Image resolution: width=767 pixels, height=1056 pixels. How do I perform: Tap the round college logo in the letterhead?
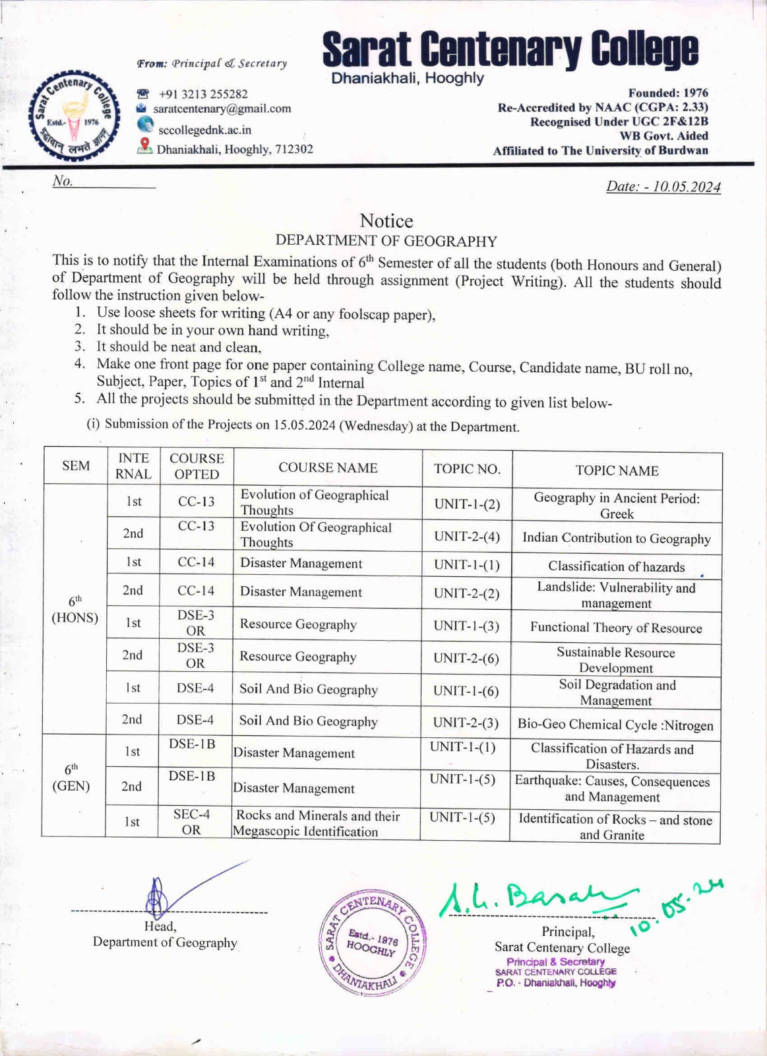click(x=73, y=117)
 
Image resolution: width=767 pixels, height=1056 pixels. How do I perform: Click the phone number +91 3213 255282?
click(x=203, y=94)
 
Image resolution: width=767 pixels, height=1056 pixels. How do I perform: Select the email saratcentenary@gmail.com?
click(x=222, y=108)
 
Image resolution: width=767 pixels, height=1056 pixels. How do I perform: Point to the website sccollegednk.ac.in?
click(x=204, y=129)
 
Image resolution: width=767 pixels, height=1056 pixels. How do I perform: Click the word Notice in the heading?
click(x=386, y=220)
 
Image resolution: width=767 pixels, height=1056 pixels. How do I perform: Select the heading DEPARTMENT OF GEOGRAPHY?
click(x=386, y=241)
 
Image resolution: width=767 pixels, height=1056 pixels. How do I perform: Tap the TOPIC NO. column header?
click(x=467, y=469)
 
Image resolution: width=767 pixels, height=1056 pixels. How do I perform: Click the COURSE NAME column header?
click(x=328, y=468)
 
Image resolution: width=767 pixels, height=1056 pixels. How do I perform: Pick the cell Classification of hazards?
click(x=616, y=566)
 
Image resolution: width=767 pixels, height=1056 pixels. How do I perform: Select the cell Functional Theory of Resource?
click(x=616, y=628)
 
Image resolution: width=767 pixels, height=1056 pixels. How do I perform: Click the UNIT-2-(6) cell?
click(x=466, y=658)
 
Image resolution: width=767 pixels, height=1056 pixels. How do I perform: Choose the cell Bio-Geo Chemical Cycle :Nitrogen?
click(x=615, y=724)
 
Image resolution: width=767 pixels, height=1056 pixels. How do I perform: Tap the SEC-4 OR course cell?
click(x=191, y=822)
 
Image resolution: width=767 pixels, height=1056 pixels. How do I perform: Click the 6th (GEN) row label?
click(x=71, y=777)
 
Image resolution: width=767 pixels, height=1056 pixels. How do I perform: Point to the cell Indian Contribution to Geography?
click(x=617, y=539)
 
